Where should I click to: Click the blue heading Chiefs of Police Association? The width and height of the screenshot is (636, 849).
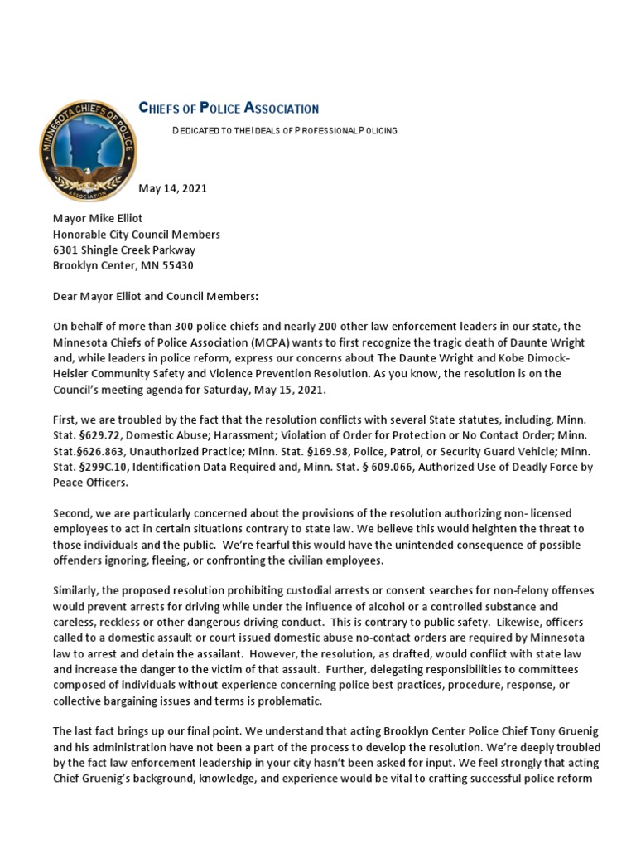tap(228, 109)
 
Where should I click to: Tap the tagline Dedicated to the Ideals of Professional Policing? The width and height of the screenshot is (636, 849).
tap(284, 131)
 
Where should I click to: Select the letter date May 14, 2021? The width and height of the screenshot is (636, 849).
tap(172, 188)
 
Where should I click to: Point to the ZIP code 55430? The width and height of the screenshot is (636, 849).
tap(176, 265)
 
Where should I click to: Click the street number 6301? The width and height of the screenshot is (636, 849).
tap(67, 250)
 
